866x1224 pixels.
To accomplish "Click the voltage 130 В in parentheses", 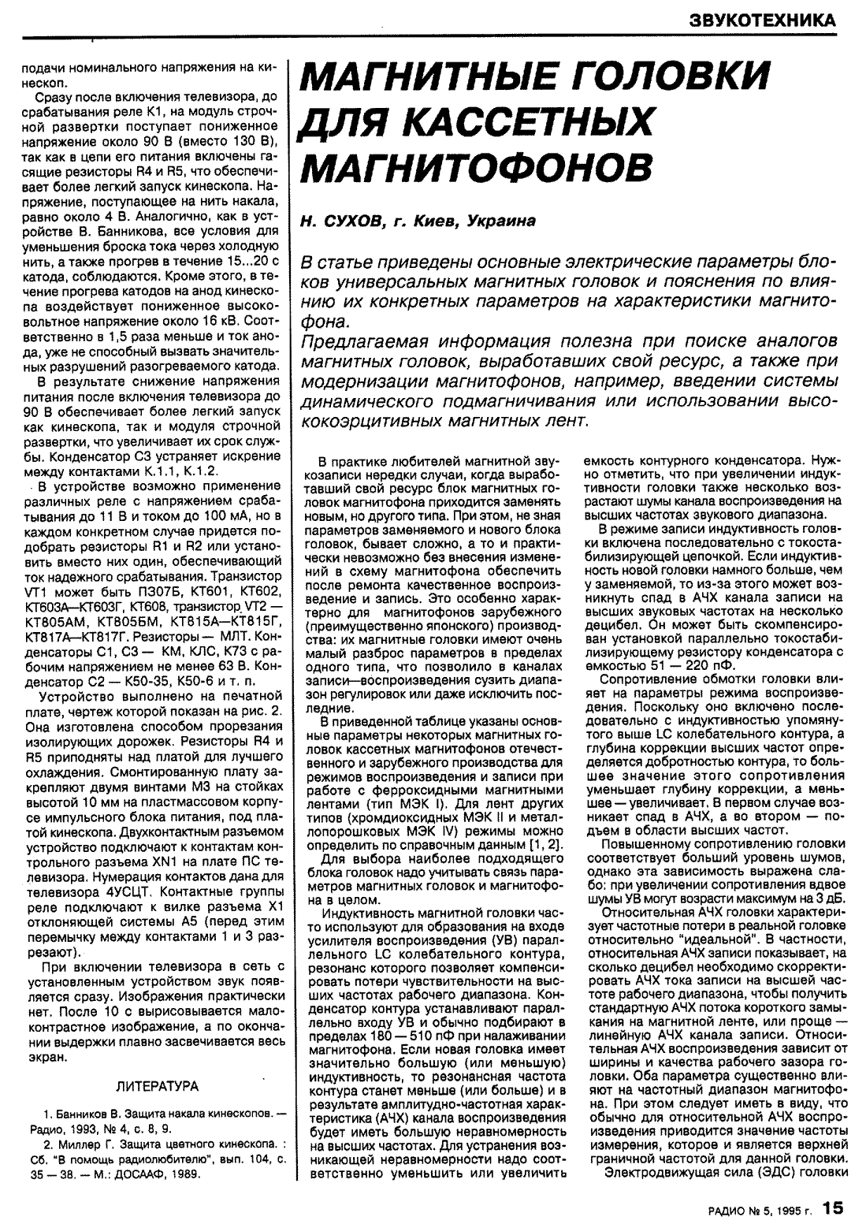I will coord(250,142).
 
